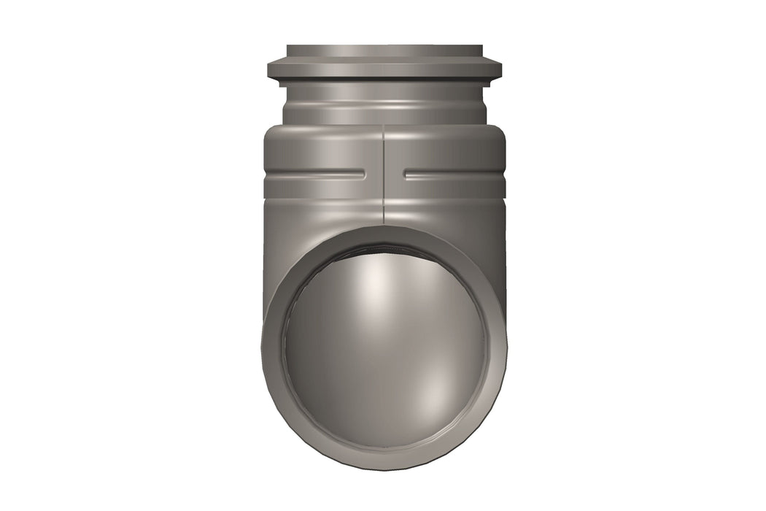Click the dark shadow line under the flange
[384, 81]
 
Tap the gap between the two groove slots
[384, 174]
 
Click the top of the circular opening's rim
[384, 233]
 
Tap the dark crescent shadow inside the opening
[384, 252]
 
